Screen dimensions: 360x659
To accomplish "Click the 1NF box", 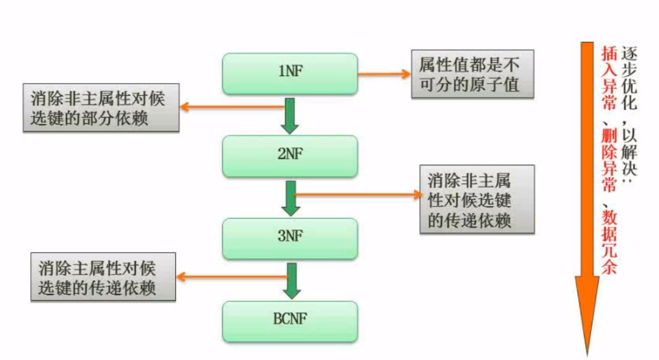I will [290, 73].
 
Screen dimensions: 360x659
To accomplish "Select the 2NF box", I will [290, 156].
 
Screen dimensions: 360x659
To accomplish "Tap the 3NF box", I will [290, 238].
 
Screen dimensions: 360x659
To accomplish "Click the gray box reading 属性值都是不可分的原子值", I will [472, 73].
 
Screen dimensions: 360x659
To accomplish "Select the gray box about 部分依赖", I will [102, 108].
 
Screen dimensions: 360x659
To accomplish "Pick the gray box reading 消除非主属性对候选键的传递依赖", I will [476, 199].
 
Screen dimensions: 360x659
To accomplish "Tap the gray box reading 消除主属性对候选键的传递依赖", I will [103, 277].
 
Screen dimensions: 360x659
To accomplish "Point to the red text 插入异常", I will [609, 78].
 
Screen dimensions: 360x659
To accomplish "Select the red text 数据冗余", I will [609, 239].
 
